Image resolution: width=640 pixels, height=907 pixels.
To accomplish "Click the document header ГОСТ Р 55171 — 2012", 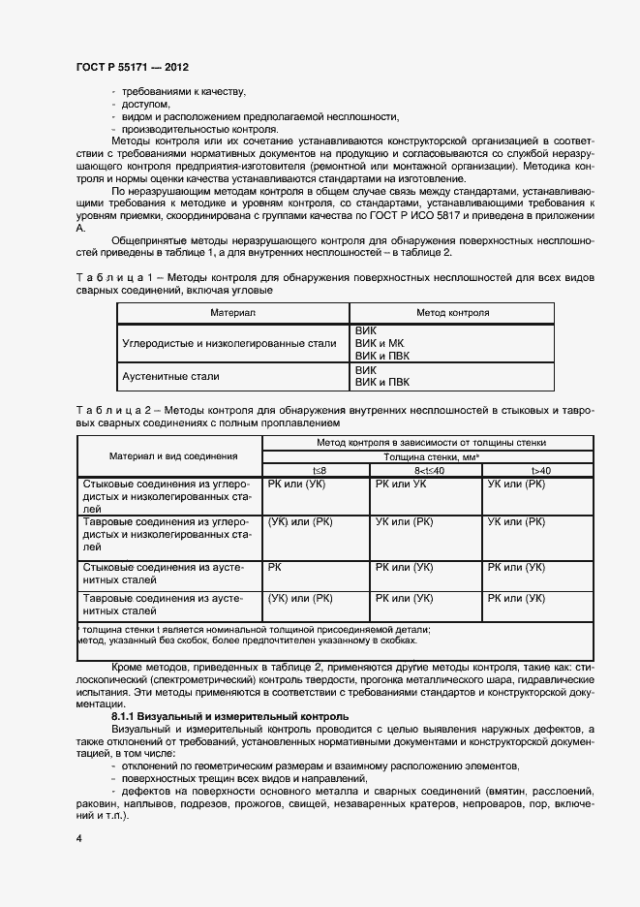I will (x=132, y=68).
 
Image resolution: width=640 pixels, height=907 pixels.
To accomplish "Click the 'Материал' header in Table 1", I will (x=232, y=313).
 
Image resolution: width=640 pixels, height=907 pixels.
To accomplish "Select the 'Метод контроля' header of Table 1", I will (x=452, y=313).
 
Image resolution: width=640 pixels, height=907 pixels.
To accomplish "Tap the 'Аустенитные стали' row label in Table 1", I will (x=171, y=376).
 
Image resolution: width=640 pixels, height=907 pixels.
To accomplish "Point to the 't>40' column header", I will (x=540, y=470).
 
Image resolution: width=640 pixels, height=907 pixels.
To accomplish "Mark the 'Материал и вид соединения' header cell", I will (x=173, y=455).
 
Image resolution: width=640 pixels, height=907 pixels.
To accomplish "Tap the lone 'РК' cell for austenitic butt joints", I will (x=275, y=567).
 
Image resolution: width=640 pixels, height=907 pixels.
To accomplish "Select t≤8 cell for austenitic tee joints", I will (x=300, y=599).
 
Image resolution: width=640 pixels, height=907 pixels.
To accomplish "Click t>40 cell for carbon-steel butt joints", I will (x=516, y=483).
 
